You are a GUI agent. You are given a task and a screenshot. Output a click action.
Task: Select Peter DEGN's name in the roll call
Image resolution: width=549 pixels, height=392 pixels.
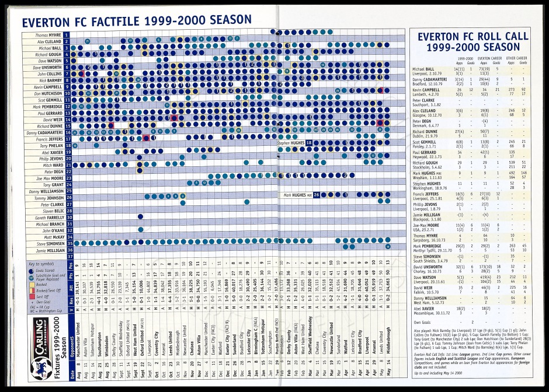[421, 121]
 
